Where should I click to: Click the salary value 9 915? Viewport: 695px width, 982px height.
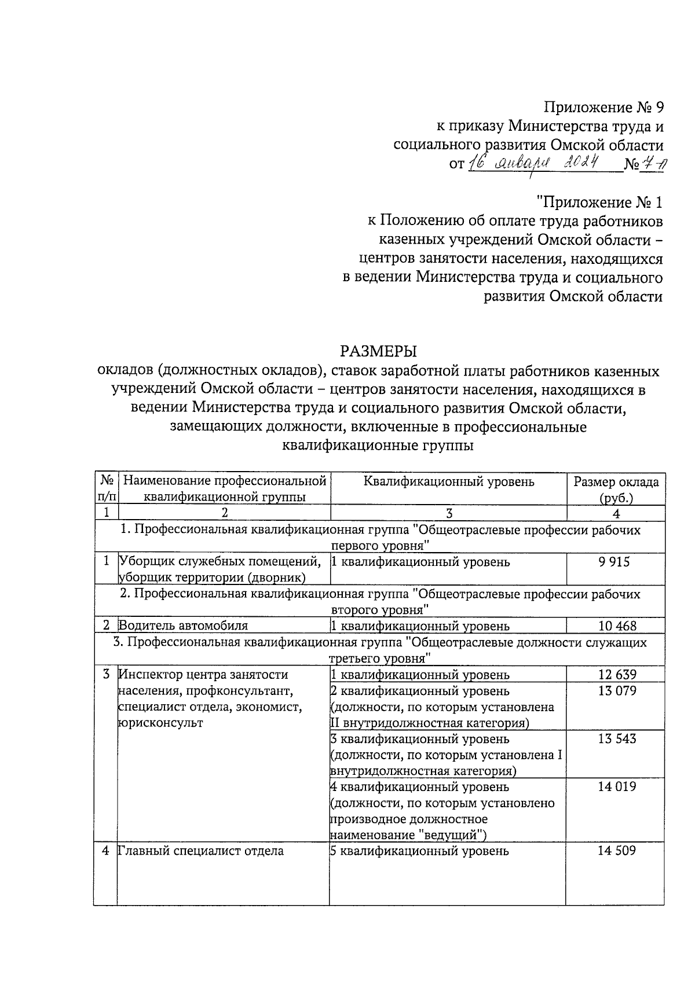point(614,562)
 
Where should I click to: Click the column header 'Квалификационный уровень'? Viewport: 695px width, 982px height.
point(449,481)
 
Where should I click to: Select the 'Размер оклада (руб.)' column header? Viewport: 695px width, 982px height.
point(616,490)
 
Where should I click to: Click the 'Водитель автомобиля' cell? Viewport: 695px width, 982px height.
point(183,626)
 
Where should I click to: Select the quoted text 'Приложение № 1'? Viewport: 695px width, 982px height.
point(599,203)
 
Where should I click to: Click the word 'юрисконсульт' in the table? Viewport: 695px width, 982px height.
point(160,723)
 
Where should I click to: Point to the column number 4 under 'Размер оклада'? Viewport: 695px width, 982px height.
point(616,513)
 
